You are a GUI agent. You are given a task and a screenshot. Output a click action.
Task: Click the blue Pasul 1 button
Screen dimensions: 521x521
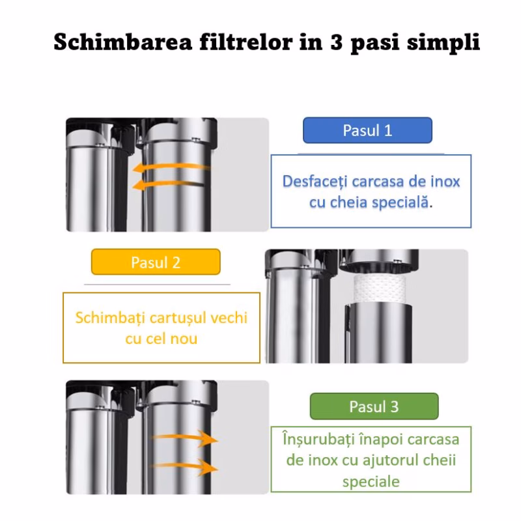(367, 130)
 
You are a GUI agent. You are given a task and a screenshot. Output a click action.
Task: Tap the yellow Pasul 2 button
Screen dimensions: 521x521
(156, 262)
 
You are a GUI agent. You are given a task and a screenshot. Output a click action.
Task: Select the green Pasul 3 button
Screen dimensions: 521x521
(374, 406)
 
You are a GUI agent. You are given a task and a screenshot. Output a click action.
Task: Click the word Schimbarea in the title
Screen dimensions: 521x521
(123, 42)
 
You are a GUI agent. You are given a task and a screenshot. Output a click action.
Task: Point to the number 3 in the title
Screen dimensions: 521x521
(336, 42)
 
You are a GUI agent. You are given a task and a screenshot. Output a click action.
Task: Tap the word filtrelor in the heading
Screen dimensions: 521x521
(246, 42)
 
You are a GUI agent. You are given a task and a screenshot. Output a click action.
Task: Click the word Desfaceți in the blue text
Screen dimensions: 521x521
(315, 182)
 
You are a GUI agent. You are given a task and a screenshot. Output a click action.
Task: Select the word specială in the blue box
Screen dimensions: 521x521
(401, 203)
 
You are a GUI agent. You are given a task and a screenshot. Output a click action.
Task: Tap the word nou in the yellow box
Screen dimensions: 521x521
(184, 339)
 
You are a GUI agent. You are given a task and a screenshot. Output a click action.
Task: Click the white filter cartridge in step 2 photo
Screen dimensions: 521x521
(380, 288)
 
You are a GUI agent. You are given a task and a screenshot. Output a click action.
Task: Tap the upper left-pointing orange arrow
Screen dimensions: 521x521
(171, 167)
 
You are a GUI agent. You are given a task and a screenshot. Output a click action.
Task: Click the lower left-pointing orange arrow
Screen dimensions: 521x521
(169, 184)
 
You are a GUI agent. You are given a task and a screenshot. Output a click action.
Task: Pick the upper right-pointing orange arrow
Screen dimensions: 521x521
(185, 438)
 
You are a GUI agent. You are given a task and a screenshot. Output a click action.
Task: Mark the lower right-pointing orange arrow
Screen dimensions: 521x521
(185, 467)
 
